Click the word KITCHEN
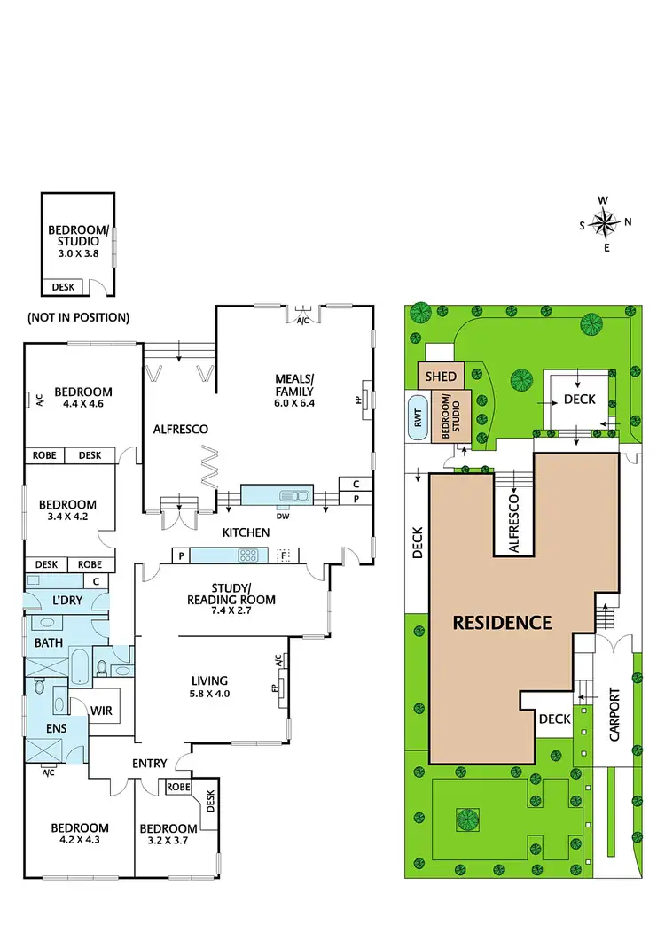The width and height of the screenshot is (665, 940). tap(246, 532)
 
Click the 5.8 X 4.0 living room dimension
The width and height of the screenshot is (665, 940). tap(211, 694)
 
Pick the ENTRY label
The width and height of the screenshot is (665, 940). tap(150, 764)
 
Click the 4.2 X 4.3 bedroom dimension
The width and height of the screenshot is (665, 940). tap(79, 840)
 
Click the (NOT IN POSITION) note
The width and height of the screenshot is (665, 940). tap(78, 317)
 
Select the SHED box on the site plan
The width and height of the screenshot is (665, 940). tap(441, 377)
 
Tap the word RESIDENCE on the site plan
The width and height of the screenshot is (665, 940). tap(503, 622)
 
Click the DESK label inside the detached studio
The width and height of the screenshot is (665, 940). tap(64, 287)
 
